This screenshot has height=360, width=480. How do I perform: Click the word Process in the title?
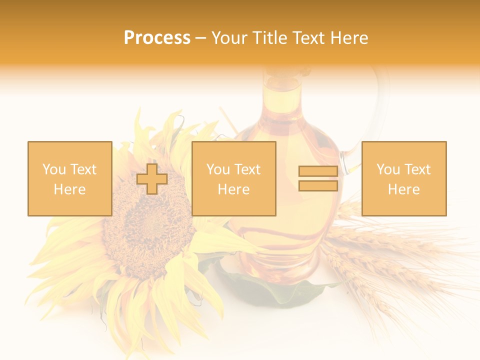pos(157,38)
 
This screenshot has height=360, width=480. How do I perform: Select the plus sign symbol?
pos(152,179)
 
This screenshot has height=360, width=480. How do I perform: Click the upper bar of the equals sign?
pos(318,171)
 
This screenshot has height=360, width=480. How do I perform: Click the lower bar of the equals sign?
pos(318,186)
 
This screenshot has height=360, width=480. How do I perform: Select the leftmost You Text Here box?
pos(70,178)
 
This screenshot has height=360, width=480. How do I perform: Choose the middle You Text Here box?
pos(234,178)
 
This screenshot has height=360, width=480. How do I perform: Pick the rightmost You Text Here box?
pos(404,178)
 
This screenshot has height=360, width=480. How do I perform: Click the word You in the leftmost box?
pos(54,169)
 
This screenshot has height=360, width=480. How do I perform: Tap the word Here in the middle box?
pos(234,189)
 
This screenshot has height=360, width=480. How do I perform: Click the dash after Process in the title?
pos(201,38)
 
